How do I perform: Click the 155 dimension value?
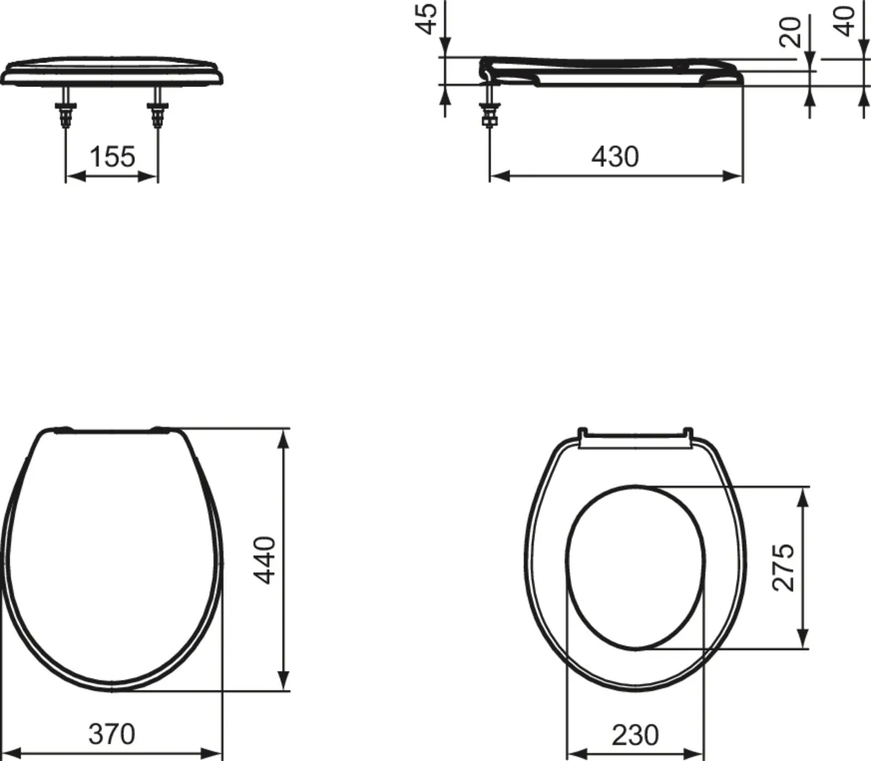click(x=112, y=156)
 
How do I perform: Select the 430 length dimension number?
click(x=615, y=156)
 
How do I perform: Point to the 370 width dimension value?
click(x=112, y=734)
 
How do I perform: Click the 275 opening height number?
click(x=784, y=567)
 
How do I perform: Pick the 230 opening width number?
click(x=635, y=735)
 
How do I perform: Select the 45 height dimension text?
click(x=428, y=18)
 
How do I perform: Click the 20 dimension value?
click(x=790, y=32)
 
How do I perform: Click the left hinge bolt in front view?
click(x=66, y=110)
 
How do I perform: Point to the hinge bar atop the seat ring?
click(x=634, y=439)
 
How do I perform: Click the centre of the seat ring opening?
click(x=634, y=567)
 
